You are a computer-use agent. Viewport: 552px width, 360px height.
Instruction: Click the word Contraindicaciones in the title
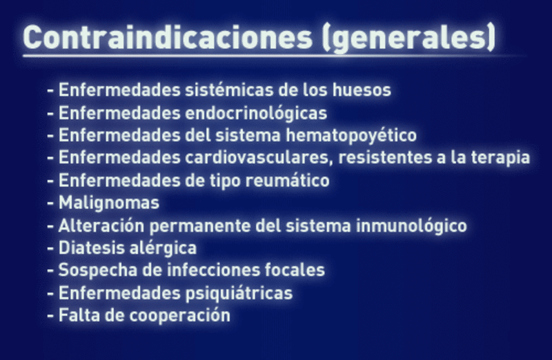[x=168, y=37]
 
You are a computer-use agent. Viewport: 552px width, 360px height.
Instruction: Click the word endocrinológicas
[x=256, y=113]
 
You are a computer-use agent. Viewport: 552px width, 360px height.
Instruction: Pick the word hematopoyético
[x=351, y=135]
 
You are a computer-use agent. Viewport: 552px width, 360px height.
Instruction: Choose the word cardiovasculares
[x=259, y=157]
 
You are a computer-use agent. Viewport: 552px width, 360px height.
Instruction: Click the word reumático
[x=287, y=181]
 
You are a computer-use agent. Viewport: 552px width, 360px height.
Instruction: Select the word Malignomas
[x=109, y=203]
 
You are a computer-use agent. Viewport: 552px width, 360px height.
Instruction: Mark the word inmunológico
[x=411, y=226]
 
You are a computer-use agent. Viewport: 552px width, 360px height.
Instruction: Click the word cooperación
[x=179, y=316]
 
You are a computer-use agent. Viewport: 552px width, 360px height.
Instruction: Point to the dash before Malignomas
[x=50, y=203]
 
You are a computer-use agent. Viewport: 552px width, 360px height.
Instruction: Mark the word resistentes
[x=385, y=157]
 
